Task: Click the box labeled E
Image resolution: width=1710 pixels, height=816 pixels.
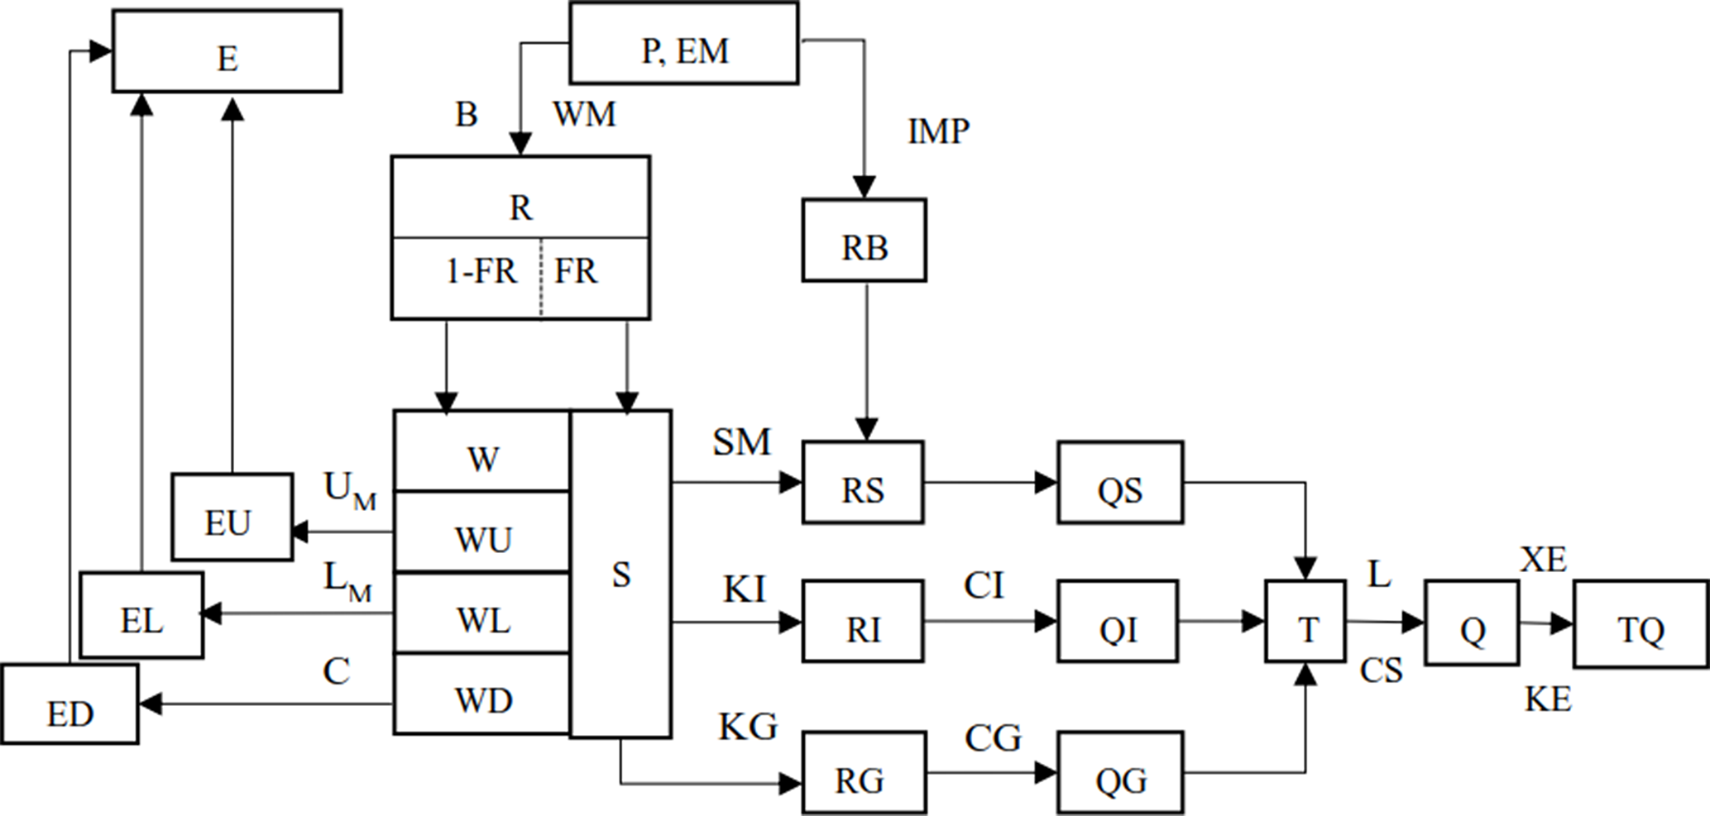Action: [x=227, y=51]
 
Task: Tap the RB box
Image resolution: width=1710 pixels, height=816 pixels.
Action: [x=864, y=241]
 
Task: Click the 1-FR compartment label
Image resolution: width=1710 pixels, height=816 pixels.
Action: [x=481, y=271]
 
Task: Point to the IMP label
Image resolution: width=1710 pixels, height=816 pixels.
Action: [x=938, y=131]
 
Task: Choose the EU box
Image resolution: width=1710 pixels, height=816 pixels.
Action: [x=232, y=518]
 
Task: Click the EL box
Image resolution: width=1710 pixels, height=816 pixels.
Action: [x=141, y=615]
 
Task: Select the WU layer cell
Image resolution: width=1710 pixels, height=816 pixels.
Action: [x=482, y=533]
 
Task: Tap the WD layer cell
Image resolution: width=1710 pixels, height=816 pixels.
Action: [x=482, y=694]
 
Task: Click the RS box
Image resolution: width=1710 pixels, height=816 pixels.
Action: [x=863, y=483]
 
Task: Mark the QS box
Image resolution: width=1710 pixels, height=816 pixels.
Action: [x=1120, y=483]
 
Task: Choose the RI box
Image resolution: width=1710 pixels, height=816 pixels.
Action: [x=863, y=622]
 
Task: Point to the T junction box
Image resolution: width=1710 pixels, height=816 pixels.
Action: [x=1305, y=622]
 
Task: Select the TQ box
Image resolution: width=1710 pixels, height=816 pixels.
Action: [x=1641, y=624]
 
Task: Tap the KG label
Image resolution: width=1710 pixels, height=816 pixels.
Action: [x=748, y=727]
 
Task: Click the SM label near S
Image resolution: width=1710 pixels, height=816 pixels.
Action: [x=741, y=442]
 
